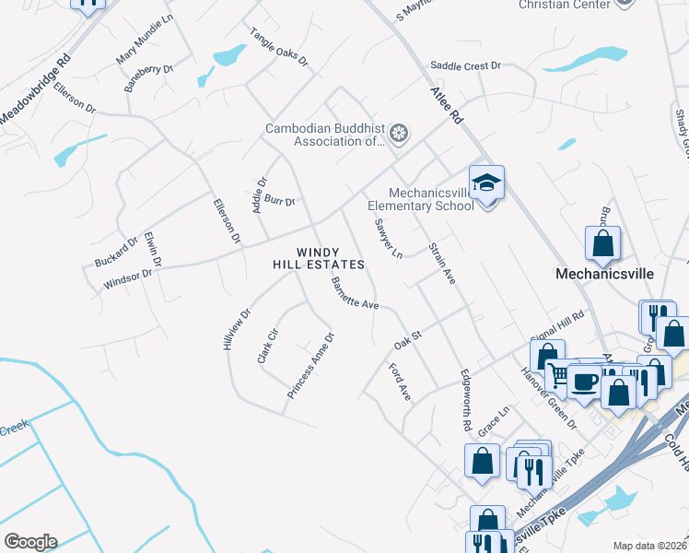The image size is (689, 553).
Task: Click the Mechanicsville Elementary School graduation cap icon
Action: coord(486,182)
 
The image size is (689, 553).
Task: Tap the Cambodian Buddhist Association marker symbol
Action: coord(400,135)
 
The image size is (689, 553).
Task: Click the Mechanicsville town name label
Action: coord(603,274)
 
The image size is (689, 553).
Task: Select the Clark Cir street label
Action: coord(267,346)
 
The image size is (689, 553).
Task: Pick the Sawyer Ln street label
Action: coord(389,238)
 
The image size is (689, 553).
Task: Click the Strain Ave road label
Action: coord(442,264)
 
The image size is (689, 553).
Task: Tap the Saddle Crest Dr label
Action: coord(465,66)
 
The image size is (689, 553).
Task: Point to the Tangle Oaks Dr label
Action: coord(277,46)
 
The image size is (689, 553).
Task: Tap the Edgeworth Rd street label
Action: coord(466,402)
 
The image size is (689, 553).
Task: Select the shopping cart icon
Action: coord(558,374)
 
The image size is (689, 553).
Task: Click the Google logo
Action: coord(30,542)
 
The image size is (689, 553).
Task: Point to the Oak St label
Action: coord(407,340)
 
